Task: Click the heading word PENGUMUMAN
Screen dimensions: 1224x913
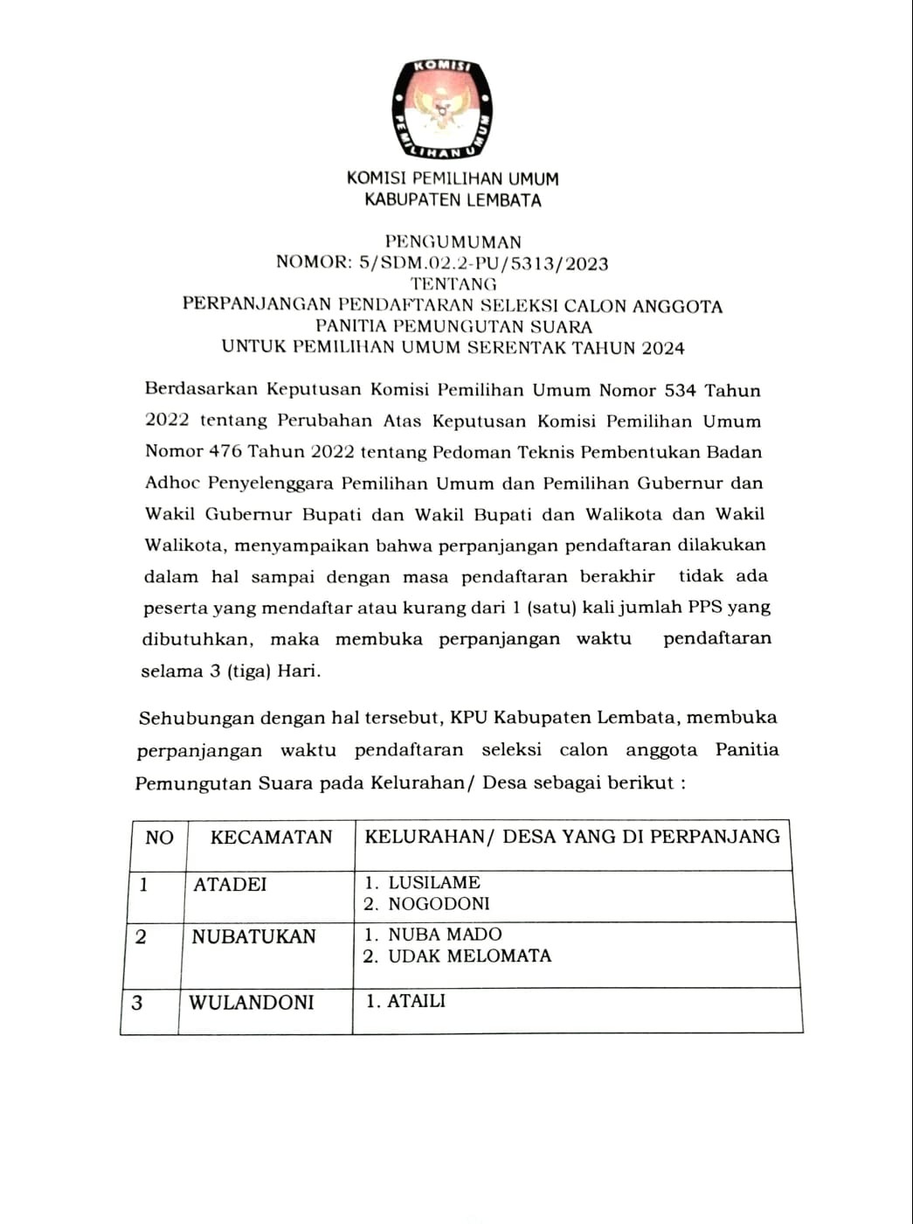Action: [453, 242]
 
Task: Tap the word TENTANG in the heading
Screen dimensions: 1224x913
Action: [453, 284]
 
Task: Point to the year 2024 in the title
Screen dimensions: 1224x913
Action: [662, 348]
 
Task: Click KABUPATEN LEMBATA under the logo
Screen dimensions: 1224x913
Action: [453, 200]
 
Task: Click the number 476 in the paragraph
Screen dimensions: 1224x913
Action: [225, 452]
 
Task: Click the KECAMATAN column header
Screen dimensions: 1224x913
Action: [271, 838]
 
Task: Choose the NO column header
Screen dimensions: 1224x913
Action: [159, 838]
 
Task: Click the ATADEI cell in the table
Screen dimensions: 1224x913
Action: [230, 885]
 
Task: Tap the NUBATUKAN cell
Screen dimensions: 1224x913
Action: [253, 936]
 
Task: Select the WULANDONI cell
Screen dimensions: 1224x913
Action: [251, 1002]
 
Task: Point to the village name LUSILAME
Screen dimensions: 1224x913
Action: [434, 883]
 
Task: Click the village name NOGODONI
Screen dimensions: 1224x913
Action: [439, 904]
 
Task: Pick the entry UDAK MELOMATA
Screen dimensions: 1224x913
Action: [469, 956]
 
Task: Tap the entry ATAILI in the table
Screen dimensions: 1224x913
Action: [416, 1001]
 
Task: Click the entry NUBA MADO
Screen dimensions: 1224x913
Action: [445, 935]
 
